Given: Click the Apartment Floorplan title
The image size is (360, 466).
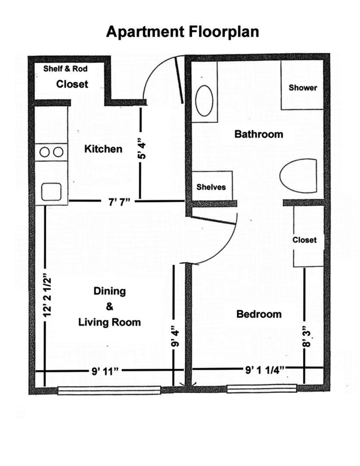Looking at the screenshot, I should (182, 32).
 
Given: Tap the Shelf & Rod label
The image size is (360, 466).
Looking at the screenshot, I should (66, 68).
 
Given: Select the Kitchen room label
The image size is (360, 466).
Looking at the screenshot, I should (103, 149).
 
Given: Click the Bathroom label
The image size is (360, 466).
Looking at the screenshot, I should (258, 134).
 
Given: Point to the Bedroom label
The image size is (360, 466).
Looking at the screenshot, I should (259, 314).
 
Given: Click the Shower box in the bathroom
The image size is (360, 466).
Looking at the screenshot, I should (302, 88).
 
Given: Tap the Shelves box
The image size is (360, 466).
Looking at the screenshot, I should (211, 188).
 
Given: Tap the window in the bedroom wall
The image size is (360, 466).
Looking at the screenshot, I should (261, 389).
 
